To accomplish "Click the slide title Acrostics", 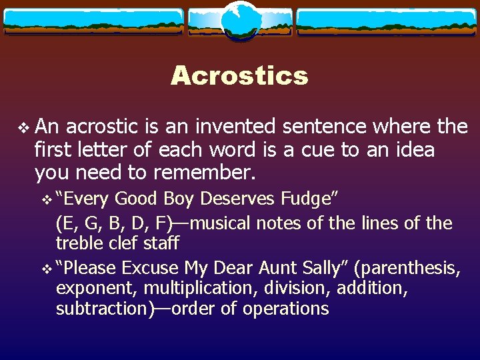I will point(239,75).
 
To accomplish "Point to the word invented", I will point(217,126).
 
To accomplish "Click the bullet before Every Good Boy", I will point(46,199).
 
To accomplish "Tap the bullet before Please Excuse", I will point(46,269).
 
